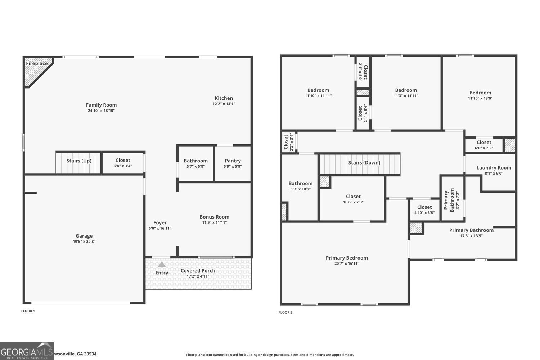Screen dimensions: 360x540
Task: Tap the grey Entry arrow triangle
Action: pyautogui.click(x=162, y=264)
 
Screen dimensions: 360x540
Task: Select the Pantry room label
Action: pyautogui.click(x=233, y=161)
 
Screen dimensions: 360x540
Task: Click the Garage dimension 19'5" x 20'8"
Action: pyautogui.click(x=84, y=242)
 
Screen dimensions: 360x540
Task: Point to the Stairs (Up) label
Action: pyautogui.click(x=79, y=161)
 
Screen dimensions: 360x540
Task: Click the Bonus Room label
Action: pyautogui.click(x=214, y=217)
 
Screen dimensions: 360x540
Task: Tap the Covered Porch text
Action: pyautogui.click(x=198, y=271)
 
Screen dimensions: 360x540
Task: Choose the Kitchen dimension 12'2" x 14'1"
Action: pyautogui.click(x=224, y=104)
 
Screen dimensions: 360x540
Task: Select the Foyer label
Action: pyautogui.click(x=160, y=222)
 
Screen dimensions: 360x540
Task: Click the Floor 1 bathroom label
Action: pyautogui.click(x=195, y=161)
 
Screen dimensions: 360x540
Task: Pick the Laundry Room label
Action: pyautogui.click(x=494, y=168)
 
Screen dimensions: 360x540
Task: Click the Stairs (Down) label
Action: pyautogui.click(x=364, y=163)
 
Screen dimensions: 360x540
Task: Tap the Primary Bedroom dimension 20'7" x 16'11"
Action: pyautogui.click(x=347, y=264)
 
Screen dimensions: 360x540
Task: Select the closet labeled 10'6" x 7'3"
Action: pyautogui.click(x=353, y=197)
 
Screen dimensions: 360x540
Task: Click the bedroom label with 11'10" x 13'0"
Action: pyautogui.click(x=480, y=93)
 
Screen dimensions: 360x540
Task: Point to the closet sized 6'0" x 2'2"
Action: pyautogui.click(x=483, y=143)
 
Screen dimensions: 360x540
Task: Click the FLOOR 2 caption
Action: pyautogui.click(x=285, y=312)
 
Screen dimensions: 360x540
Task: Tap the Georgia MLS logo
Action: pyautogui.click(x=27, y=351)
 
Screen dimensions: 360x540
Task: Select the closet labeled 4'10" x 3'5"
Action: pyautogui.click(x=424, y=207)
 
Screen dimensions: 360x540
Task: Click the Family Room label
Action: pyautogui.click(x=101, y=105)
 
